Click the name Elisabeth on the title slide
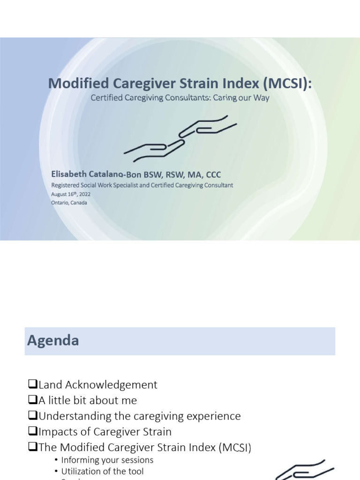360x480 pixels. click(x=69, y=174)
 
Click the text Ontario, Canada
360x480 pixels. click(x=69, y=202)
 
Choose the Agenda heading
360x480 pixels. click(x=53, y=341)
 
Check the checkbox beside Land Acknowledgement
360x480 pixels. click(x=32, y=385)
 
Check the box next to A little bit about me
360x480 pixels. click(x=32, y=400)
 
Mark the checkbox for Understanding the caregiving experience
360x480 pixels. click(x=32, y=416)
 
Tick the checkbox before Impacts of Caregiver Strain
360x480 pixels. click(x=32, y=431)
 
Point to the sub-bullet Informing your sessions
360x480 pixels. click(x=107, y=460)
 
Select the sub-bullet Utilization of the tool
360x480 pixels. click(x=102, y=471)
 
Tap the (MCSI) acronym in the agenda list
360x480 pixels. click(x=234, y=447)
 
